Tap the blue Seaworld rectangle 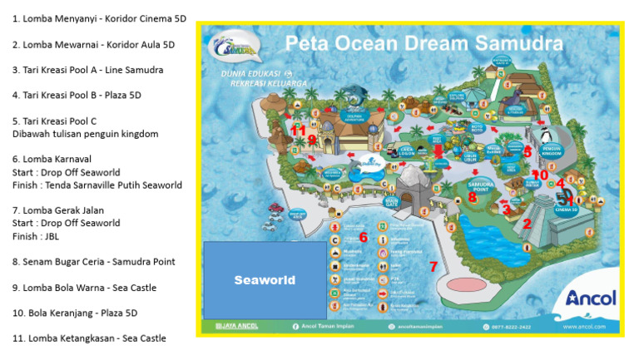pos(264,280)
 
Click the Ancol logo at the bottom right pos(590,298)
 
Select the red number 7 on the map pos(433,267)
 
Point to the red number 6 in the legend pos(363,237)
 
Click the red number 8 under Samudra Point pos(473,197)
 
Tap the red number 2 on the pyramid pos(526,224)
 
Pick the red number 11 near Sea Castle pos(298,130)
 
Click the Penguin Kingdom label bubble pos(552,150)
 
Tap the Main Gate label pos(392,200)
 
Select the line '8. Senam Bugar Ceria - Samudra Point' pos(93,262)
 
